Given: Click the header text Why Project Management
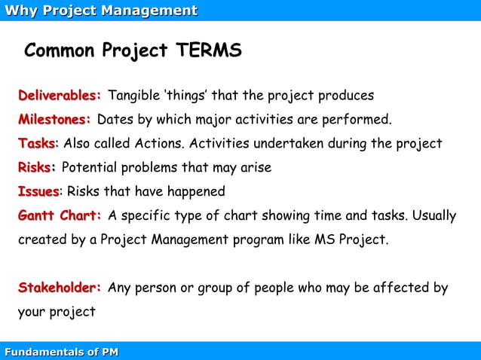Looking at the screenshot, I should pyautogui.click(x=101, y=11).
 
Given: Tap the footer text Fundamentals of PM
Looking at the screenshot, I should pyautogui.click(x=61, y=352).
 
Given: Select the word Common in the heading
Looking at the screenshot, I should pyautogui.click(x=60, y=50).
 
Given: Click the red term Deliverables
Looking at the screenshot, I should pyautogui.click(x=60, y=96).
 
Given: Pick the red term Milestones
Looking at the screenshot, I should pyautogui.click(x=54, y=119).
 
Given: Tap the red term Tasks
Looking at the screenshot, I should pyautogui.click(x=36, y=143).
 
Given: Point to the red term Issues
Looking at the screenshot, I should pyautogui.click(x=38, y=191).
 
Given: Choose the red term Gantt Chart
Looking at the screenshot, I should pyautogui.click(x=60, y=215).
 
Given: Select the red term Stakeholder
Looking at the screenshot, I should pyautogui.click(x=60, y=288).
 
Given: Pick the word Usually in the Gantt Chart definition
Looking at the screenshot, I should pyautogui.click(x=433, y=215).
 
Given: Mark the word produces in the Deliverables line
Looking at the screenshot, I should pyautogui.click(x=346, y=96).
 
